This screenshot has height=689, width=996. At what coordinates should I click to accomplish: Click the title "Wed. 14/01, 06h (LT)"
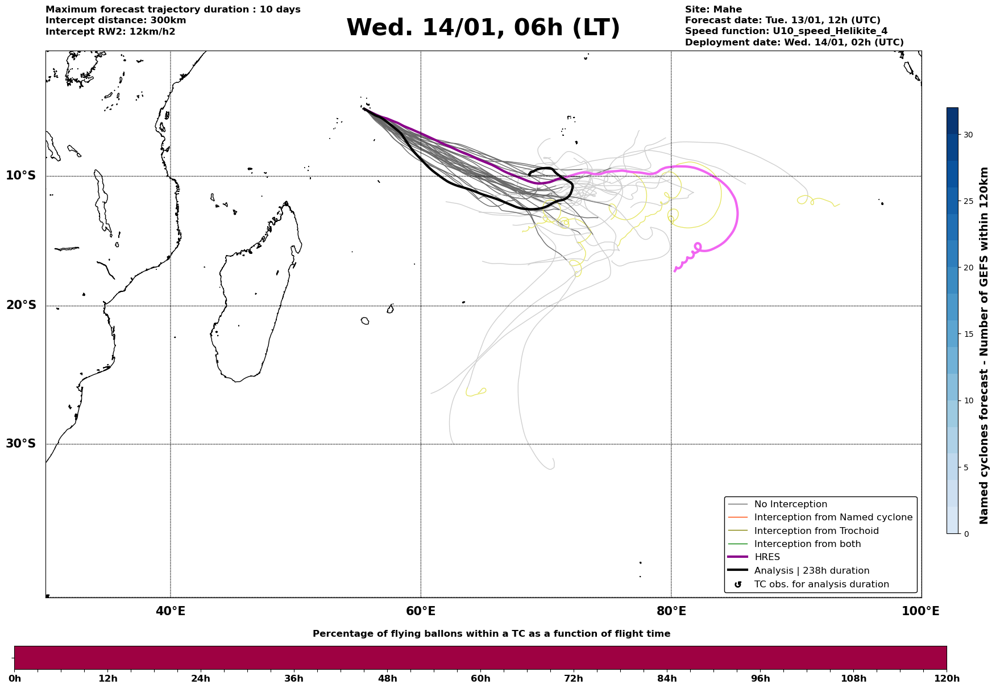click(x=483, y=28)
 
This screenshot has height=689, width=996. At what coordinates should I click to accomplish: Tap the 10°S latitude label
click(x=21, y=176)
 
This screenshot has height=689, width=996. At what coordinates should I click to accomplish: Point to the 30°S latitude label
click(x=21, y=444)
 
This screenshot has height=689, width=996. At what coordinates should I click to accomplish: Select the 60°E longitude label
click(x=421, y=611)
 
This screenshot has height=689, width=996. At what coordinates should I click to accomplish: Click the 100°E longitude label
click(x=920, y=611)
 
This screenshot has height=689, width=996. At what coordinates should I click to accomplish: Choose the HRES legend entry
click(x=767, y=557)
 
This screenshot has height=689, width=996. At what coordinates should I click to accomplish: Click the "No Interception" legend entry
click(x=790, y=504)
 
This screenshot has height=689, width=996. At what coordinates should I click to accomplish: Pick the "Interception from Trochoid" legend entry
click(x=816, y=531)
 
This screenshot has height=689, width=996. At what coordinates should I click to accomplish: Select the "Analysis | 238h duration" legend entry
click(x=811, y=571)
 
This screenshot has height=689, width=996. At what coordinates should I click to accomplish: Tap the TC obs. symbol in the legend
click(x=738, y=584)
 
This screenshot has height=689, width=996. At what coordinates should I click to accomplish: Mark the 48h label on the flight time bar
click(x=387, y=678)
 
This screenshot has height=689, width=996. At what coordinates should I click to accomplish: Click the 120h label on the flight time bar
click(x=947, y=678)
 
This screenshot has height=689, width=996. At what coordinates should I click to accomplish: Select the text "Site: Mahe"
click(x=713, y=10)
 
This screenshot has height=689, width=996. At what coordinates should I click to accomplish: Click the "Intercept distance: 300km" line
click(x=115, y=20)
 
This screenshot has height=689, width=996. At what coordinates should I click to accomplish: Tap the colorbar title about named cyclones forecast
click(x=984, y=345)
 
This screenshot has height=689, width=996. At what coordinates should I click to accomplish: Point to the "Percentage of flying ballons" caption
click(x=491, y=634)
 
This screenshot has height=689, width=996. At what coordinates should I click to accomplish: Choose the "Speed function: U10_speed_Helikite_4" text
click(x=786, y=31)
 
